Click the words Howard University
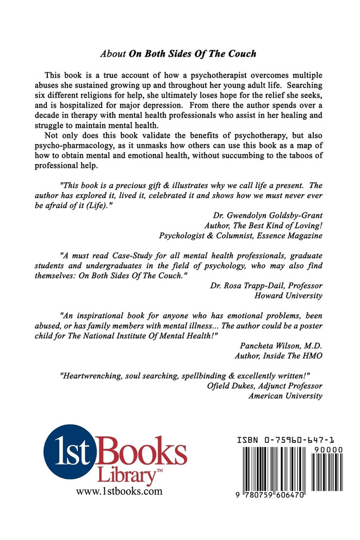(289, 296)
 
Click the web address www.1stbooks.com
(119, 492)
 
